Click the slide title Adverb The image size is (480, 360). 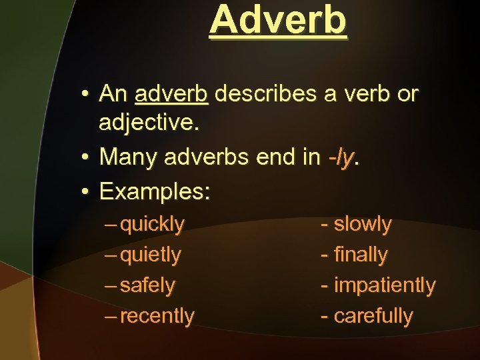[x=278, y=20]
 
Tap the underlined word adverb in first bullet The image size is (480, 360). [x=172, y=95]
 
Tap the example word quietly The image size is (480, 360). [x=151, y=255]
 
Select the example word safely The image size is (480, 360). [x=147, y=285]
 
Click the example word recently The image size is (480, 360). [x=157, y=316]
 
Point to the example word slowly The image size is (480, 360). [x=363, y=225]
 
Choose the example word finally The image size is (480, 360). [x=361, y=255]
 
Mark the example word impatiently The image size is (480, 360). [x=384, y=285]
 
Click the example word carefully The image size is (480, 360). [x=373, y=316]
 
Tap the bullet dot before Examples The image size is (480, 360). [x=87, y=193]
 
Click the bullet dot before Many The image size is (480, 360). [x=87, y=158]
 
